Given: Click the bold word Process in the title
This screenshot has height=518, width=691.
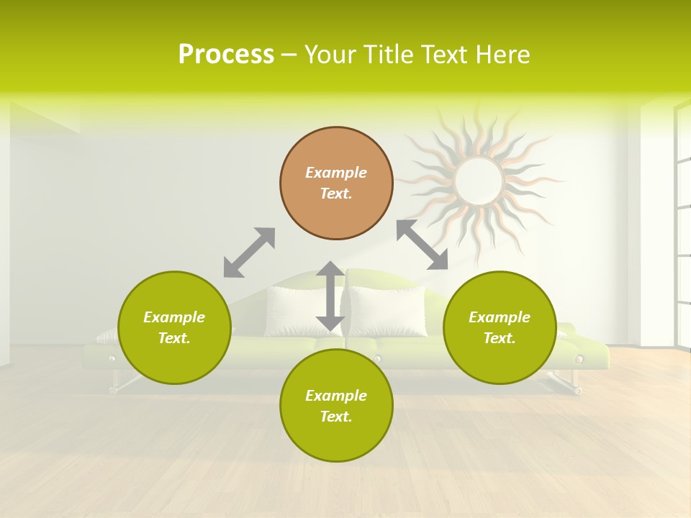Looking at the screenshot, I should coord(226,55).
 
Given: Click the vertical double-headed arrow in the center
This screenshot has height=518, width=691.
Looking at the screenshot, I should coord(330,296).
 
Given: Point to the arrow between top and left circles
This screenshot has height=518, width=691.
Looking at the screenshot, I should coord(249,253).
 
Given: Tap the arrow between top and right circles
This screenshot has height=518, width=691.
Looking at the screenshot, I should coord(422,245).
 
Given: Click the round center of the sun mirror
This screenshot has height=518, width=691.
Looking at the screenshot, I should coord(479,180).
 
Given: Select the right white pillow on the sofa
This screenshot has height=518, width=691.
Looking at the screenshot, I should coord(389,311).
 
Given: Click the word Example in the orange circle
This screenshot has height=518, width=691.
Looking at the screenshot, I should coord(336,173).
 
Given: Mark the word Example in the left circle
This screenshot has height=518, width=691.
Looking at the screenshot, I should coord(174,317).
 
